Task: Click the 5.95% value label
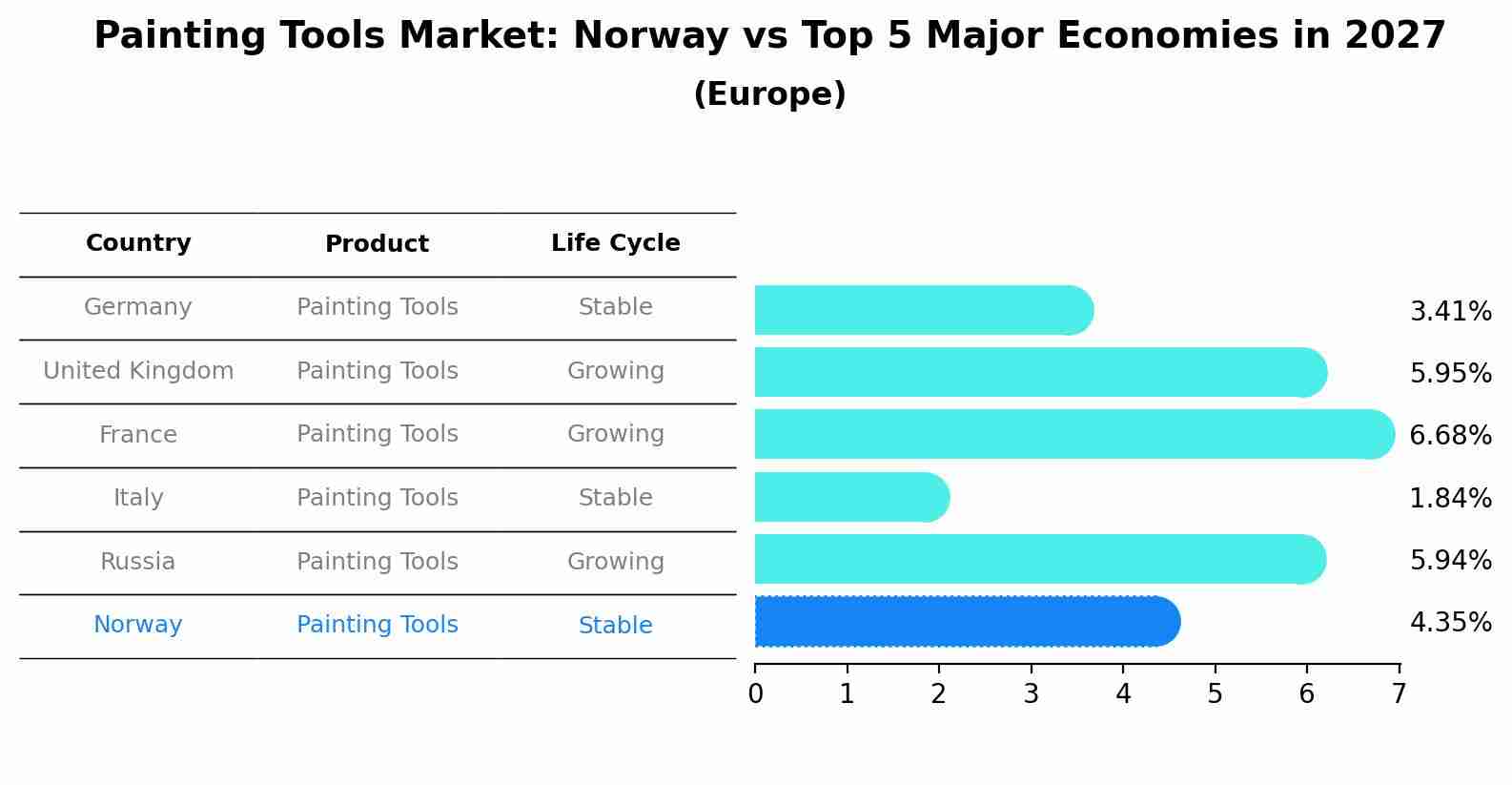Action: coord(1450,373)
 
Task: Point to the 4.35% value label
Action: coord(1450,623)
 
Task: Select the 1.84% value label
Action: coord(1450,498)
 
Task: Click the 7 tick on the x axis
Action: coord(1399,694)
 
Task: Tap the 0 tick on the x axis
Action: coord(755,694)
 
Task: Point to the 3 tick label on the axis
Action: coord(1031,694)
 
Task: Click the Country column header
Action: coord(138,243)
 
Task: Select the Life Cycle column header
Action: coord(615,243)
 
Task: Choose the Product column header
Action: coord(377,244)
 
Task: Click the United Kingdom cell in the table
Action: coord(138,371)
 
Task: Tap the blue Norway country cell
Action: coord(138,625)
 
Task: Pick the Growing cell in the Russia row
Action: coord(615,562)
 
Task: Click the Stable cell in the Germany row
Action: coord(615,307)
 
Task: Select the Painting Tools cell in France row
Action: coord(377,434)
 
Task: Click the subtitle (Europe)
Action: coord(769,94)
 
